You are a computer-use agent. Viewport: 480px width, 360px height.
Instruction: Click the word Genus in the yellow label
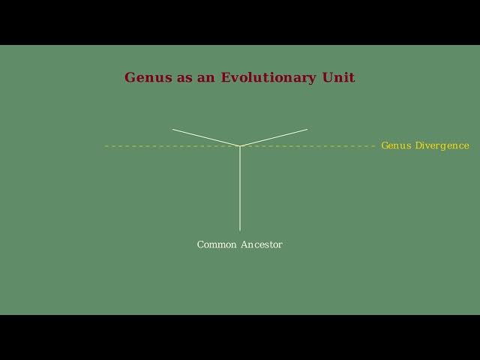[x=397, y=145]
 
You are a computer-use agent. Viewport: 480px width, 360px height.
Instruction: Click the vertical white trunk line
[x=240, y=187]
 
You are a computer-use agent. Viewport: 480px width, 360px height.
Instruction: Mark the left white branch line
[x=206, y=137]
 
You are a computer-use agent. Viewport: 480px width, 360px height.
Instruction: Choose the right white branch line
[x=274, y=137]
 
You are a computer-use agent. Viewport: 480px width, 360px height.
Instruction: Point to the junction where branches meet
[x=240, y=145]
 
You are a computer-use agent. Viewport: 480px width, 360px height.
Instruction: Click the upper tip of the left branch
[x=173, y=130]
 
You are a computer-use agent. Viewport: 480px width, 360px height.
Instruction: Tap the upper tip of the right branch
[x=307, y=130]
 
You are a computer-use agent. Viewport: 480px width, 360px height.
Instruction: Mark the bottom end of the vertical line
[x=240, y=229]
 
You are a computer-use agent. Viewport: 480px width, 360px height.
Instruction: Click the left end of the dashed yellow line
[x=106, y=145]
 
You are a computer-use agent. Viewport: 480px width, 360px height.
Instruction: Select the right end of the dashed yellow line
[x=373, y=145]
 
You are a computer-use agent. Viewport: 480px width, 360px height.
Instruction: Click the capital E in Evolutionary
[x=226, y=78]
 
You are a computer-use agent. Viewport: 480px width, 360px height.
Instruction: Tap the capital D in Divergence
[x=418, y=145]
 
